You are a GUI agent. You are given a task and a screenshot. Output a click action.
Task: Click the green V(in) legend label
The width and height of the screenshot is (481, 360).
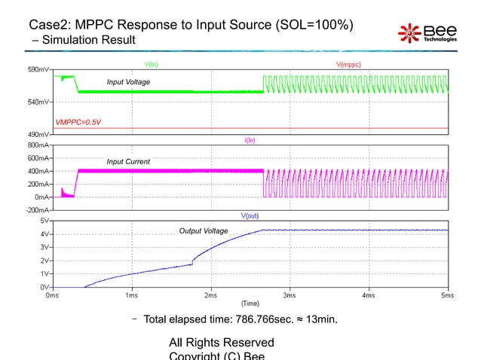[152, 65]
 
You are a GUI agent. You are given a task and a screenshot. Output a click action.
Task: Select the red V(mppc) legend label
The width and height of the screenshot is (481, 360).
[348, 65]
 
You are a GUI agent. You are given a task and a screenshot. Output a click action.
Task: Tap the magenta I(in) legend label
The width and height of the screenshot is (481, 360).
[250, 139]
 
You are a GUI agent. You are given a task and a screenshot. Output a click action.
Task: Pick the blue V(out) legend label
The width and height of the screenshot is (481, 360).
[250, 215]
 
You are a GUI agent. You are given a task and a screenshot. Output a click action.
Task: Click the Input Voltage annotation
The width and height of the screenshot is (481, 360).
[128, 81]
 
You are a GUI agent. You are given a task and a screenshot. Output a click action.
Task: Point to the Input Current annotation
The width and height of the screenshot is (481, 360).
[128, 162]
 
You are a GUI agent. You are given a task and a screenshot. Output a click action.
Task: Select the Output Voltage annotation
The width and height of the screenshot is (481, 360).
[203, 230]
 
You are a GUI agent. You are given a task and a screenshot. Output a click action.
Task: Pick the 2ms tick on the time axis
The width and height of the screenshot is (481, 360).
[210, 295]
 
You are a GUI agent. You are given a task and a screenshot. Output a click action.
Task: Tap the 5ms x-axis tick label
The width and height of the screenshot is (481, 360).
[447, 295]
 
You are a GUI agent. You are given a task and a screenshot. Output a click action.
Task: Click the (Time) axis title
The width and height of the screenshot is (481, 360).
[250, 303]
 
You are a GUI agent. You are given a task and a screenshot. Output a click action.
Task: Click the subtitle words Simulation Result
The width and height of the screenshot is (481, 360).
[86, 40]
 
